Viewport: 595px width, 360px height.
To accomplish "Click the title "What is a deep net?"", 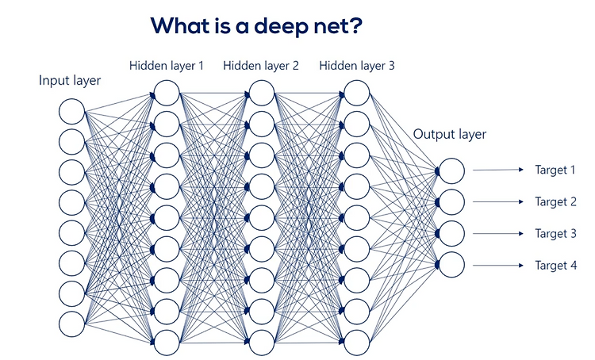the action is (x=256, y=26).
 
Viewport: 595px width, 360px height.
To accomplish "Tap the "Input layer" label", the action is (x=70, y=81).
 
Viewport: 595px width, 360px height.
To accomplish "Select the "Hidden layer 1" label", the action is (x=167, y=66).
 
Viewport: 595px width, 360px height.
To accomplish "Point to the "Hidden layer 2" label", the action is (x=261, y=66).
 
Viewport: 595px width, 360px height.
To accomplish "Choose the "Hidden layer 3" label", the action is (x=357, y=66).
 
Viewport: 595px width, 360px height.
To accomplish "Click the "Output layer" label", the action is (x=450, y=135).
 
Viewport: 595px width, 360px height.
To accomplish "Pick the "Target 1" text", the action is (x=555, y=170).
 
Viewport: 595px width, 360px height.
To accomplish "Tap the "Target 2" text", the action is (x=555, y=202).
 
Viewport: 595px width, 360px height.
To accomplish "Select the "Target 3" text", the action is (x=555, y=234).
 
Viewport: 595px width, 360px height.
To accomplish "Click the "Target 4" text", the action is (x=556, y=266).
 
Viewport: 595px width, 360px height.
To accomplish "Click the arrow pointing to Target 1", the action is (x=498, y=170).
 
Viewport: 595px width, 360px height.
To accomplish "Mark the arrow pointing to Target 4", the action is (x=498, y=265).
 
